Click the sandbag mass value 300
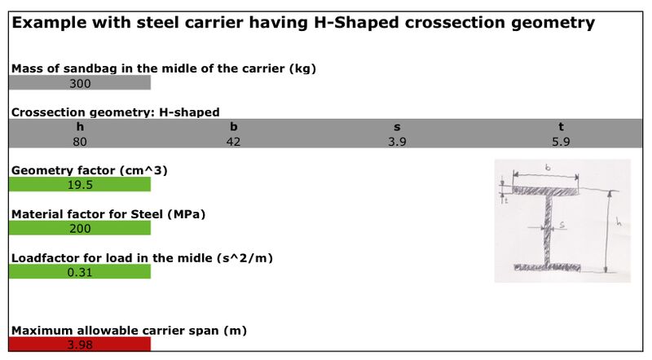tap(80, 83)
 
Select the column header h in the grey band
tap(80, 127)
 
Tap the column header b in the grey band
tap(234, 127)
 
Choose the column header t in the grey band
tap(562, 127)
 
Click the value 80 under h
tap(80, 141)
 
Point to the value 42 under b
tap(234, 141)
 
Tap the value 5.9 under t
tap(562, 141)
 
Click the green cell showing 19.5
tap(80, 185)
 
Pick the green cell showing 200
tap(80, 229)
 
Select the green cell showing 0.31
tap(80, 272)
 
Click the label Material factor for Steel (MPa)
tap(108, 214)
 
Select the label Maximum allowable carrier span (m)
tap(129, 331)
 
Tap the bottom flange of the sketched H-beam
tap(547, 266)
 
